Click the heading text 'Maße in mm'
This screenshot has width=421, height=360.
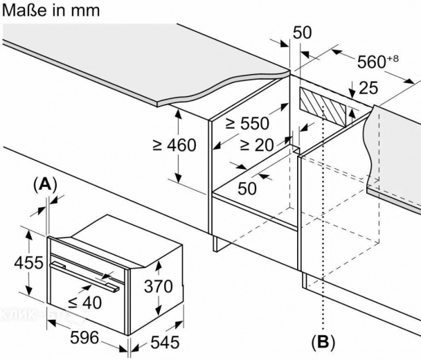(x=51, y=11)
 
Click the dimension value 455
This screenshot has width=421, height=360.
(x=28, y=262)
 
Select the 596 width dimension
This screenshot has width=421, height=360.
(x=84, y=337)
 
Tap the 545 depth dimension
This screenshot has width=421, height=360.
(x=165, y=342)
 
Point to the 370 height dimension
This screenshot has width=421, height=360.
(x=158, y=286)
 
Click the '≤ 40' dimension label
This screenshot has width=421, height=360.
(x=85, y=303)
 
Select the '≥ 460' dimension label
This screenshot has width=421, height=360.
(x=174, y=145)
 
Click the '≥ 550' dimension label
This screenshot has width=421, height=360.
(x=247, y=124)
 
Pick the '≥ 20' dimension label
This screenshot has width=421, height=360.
(x=257, y=145)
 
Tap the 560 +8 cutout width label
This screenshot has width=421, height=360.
(x=378, y=62)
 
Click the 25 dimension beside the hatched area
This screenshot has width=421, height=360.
(x=368, y=88)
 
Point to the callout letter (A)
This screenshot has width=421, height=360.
(x=45, y=184)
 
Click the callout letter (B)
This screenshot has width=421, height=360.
(x=323, y=342)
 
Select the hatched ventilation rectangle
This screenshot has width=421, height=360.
(x=323, y=107)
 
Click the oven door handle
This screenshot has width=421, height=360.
(x=84, y=276)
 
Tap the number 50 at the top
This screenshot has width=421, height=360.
(x=302, y=33)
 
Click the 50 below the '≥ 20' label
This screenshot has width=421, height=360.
(x=247, y=188)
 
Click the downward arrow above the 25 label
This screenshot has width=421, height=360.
(x=352, y=89)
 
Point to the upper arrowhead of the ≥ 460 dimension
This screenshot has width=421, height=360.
(x=178, y=114)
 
